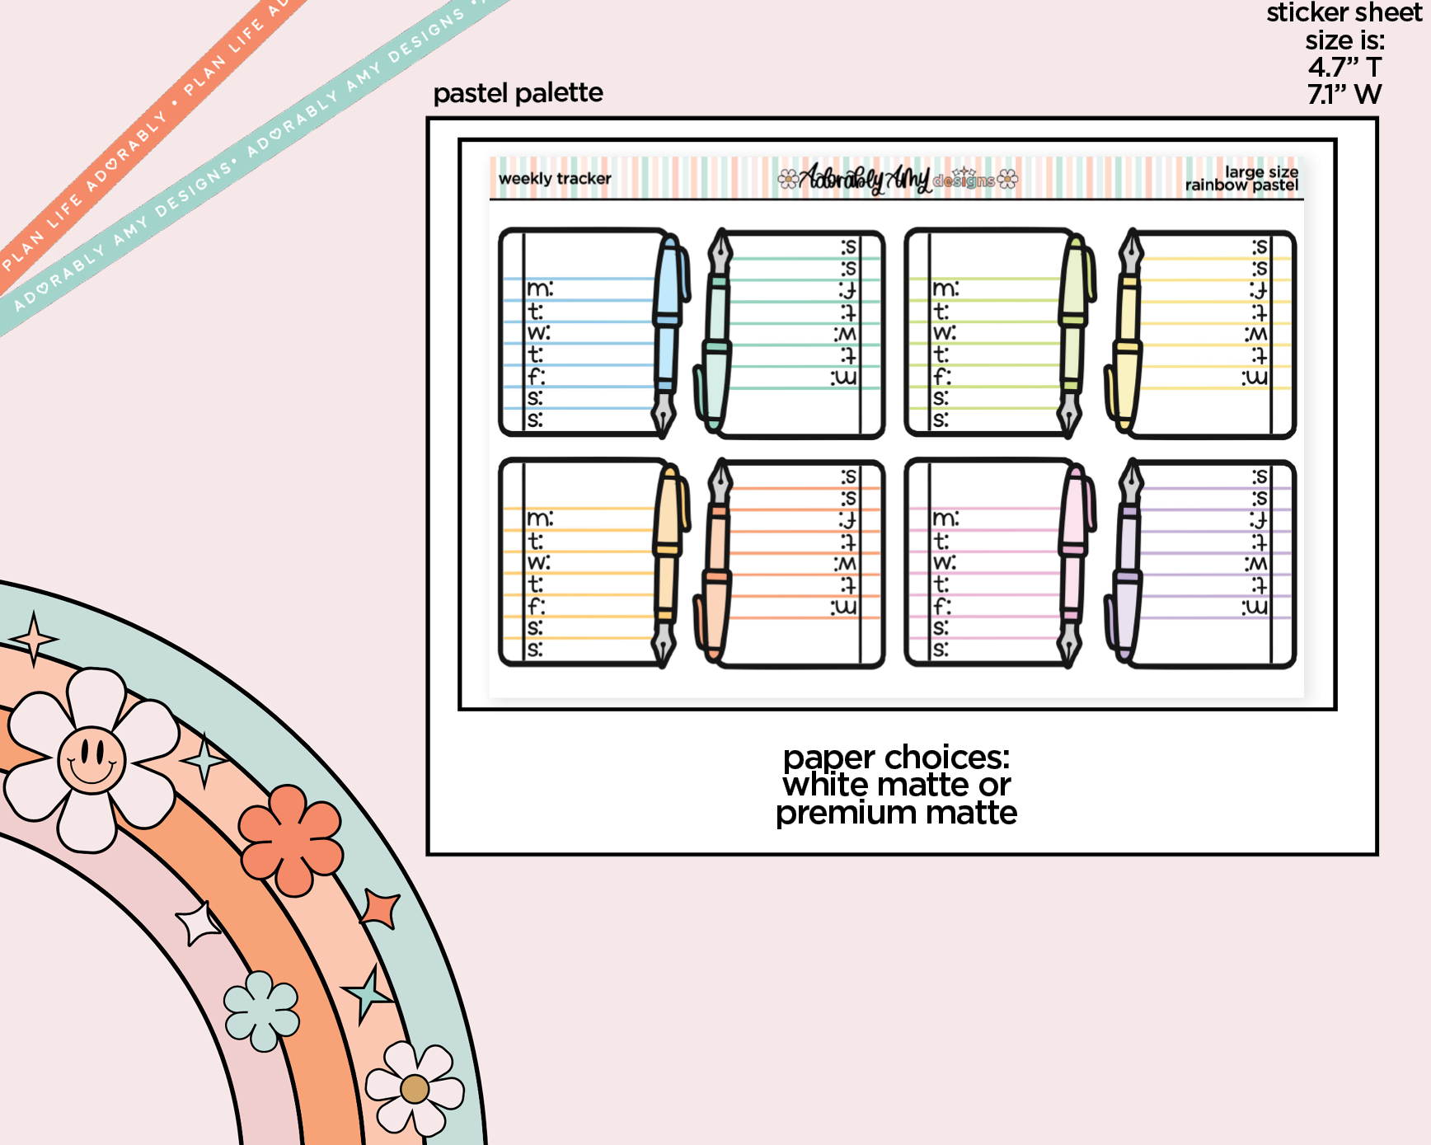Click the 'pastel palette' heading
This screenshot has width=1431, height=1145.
click(518, 93)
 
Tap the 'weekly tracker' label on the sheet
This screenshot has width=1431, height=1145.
click(555, 179)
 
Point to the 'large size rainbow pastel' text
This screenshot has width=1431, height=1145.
click(1242, 178)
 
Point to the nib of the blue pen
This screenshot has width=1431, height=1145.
click(664, 416)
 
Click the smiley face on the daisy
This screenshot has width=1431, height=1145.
click(91, 758)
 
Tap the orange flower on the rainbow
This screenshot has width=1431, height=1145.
click(290, 840)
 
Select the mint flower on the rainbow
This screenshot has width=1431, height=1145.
click(261, 1011)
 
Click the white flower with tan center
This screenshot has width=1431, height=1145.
click(415, 1089)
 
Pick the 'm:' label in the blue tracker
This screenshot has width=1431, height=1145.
click(540, 289)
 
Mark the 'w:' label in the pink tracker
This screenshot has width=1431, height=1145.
click(945, 562)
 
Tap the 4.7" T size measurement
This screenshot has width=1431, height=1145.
click(1344, 67)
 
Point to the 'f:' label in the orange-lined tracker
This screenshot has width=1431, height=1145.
click(537, 606)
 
